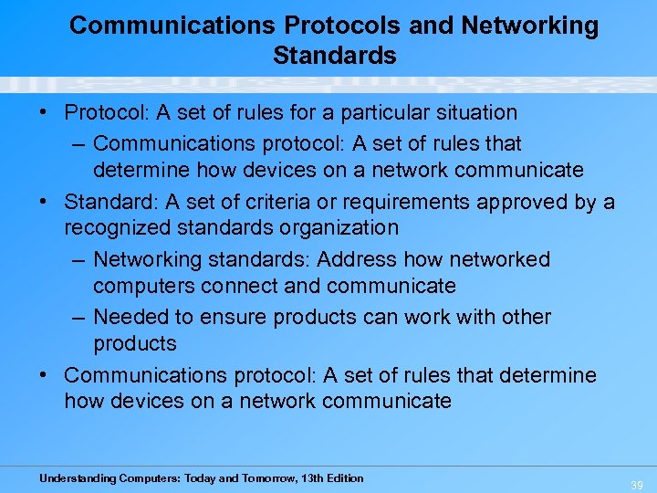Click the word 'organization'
click(x=337, y=227)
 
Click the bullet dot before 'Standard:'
click(x=44, y=202)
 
